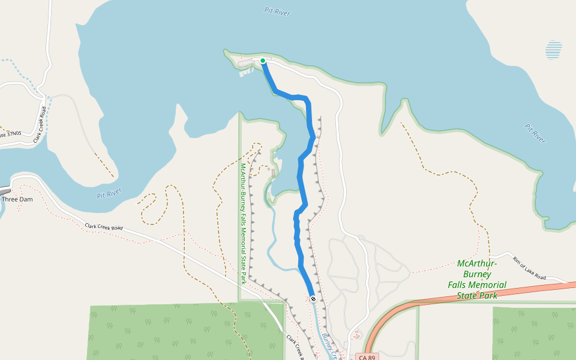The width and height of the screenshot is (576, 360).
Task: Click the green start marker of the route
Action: pos(263,61)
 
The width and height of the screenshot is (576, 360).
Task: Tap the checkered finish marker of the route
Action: pos(313,298)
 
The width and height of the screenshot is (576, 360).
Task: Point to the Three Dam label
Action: pos(17,199)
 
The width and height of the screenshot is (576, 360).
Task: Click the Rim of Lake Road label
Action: pos(529,268)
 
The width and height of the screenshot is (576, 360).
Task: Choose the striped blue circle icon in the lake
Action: pos(554,50)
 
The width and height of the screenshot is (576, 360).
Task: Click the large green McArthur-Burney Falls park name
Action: pos(477,280)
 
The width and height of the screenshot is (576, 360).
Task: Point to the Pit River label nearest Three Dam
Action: pos(109,194)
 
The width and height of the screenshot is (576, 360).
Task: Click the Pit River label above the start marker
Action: pos(277,11)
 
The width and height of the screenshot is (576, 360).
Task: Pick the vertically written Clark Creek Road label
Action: pos(40,125)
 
